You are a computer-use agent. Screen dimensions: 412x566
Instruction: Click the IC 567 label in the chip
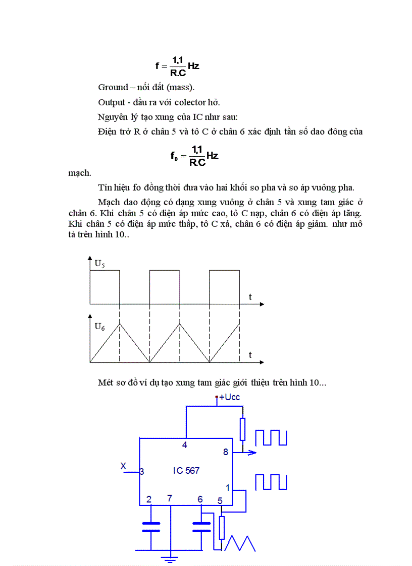186,471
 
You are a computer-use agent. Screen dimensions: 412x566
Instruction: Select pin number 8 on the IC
226,452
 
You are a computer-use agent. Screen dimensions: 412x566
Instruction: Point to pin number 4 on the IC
185,445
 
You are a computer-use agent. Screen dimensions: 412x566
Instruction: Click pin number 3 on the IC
142,472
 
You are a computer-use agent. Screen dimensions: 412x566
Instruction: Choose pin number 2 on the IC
149,499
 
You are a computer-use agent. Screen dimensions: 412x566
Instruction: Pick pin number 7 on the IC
170,499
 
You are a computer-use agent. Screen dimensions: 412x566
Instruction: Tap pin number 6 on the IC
200,499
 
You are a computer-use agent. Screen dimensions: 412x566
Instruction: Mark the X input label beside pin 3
123,466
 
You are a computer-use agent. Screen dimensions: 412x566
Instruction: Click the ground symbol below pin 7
170,558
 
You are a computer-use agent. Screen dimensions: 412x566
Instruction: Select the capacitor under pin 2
151,527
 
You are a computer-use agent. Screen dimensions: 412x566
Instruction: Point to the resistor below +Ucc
243,429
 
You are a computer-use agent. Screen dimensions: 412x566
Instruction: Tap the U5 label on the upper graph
100,263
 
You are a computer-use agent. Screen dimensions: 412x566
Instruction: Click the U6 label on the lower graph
100,326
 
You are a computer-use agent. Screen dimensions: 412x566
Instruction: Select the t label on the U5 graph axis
250,297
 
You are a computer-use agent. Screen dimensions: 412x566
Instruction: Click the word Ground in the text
112,87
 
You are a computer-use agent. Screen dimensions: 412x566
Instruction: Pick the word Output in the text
111,102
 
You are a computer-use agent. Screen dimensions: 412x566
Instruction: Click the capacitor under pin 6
201,527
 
